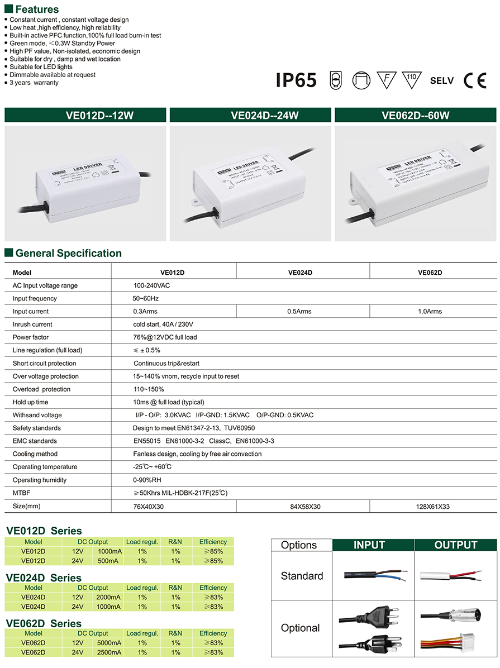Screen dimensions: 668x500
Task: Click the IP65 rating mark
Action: pyautogui.click(x=296, y=80)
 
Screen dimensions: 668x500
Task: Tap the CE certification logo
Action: pyautogui.click(x=475, y=80)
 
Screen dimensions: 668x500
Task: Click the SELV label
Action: pyautogui.click(x=442, y=80)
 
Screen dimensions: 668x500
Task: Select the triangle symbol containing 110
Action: pyautogui.click(x=411, y=79)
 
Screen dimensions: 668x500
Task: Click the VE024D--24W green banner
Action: pyautogui.click(x=250, y=116)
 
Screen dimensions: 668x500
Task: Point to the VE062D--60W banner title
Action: pyautogui.click(x=415, y=116)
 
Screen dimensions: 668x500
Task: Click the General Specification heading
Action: pyautogui.click(x=68, y=253)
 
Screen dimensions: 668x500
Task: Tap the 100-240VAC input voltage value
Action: pyautogui.click(x=148, y=285)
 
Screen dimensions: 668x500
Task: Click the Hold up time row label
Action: pyautogui.click(x=30, y=402)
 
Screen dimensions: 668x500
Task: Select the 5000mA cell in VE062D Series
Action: pyautogui.click(x=109, y=643)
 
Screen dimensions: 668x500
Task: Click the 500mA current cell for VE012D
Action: pyautogui.click(x=109, y=560)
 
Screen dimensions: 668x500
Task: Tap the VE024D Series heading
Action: pyautogui.click(x=44, y=578)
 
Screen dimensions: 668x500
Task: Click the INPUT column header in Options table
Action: pyautogui.click(x=369, y=545)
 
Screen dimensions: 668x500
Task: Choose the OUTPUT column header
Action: pyautogui.click(x=456, y=545)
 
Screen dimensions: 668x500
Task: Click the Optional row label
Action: pyautogui.click(x=301, y=628)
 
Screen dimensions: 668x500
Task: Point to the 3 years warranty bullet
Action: pyautogui.click(x=34, y=83)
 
